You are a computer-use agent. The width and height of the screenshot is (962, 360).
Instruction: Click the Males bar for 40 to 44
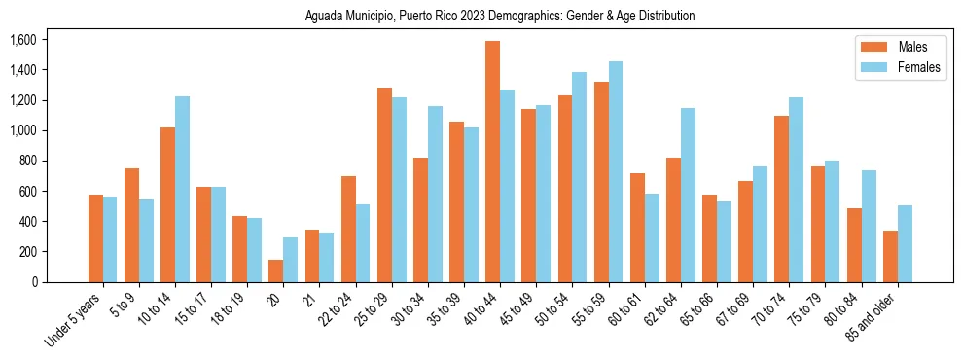pyautogui.click(x=493, y=162)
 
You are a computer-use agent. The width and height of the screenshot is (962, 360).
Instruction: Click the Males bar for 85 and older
pyautogui.click(x=890, y=256)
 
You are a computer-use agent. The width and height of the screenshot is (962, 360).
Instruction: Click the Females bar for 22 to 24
pyautogui.click(x=363, y=242)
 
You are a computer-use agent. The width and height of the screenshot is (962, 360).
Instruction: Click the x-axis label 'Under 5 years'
pyautogui.click(x=74, y=320)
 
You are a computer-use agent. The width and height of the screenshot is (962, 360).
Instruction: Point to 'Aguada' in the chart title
pyautogui.click(x=323, y=17)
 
